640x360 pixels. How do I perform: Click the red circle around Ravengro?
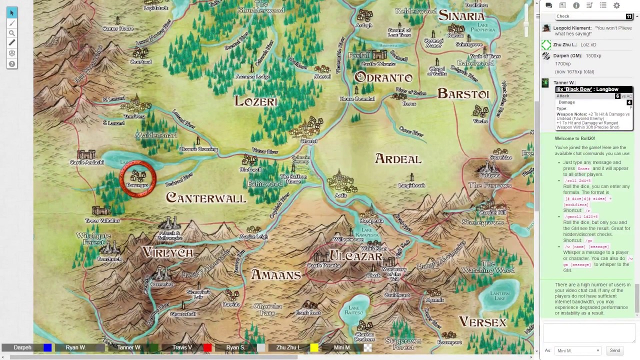(137, 178)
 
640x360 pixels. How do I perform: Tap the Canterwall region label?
(206, 198)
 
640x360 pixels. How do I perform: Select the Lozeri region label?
(255, 101)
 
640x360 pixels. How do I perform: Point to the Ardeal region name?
(398, 159)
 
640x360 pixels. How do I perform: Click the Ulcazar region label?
(355, 256)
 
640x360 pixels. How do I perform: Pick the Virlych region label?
(167, 252)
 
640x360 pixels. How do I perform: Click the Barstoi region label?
(463, 94)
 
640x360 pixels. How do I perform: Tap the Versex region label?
(482, 321)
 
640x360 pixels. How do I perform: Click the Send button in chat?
(614, 350)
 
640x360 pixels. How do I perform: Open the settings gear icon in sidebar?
(616, 5)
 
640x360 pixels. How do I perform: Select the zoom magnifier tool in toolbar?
(12, 33)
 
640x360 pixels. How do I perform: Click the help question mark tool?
(12, 64)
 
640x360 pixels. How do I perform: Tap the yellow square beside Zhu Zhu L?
(314, 347)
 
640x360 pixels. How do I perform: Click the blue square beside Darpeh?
(47, 347)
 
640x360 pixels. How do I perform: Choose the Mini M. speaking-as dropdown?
(577, 350)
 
